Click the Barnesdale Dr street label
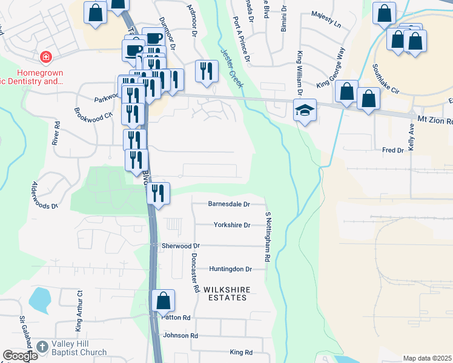[x=229, y=204]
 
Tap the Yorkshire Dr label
[x=232, y=225]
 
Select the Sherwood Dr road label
[x=180, y=246]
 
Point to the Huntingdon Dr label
[x=230, y=269]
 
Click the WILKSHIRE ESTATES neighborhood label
[x=227, y=294]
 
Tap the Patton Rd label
[x=176, y=318]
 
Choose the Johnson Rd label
[x=180, y=335]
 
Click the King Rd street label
[x=240, y=352]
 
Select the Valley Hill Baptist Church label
[x=79, y=348]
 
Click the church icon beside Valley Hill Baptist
[x=42, y=347]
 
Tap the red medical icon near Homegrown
[x=45, y=58]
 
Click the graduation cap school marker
[x=305, y=110]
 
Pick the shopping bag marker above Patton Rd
[x=163, y=300]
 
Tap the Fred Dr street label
[x=393, y=149]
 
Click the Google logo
[x=20, y=356]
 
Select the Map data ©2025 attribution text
[x=426, y=358]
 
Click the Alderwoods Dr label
[x=45, y=196]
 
